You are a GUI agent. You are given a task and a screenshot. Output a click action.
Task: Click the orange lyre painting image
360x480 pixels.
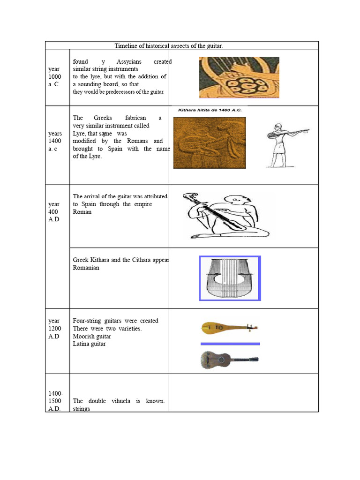(x=239, y=77)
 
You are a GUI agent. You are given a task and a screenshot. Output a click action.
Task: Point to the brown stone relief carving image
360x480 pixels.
(x=209, y=142)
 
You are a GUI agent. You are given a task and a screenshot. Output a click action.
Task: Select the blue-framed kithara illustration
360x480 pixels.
(x=230, y=278)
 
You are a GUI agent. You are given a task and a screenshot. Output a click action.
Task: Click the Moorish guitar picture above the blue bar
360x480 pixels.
(x=229, y=328)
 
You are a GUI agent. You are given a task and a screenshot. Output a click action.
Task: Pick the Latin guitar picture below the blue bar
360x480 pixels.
(x=229, y=360)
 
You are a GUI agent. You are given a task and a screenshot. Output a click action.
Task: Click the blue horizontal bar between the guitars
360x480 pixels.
(x=230, y=344)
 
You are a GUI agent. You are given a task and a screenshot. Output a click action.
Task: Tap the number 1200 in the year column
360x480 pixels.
(x=54, y=329)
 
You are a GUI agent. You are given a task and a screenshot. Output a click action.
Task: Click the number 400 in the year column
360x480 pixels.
(x=54, y=212)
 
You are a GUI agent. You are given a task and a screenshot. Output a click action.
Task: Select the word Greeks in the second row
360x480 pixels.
(x=103, y=118)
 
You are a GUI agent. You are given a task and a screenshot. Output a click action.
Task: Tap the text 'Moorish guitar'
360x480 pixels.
(x=92, y=336)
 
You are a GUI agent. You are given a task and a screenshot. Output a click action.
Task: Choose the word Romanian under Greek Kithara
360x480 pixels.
(x=86, y=268)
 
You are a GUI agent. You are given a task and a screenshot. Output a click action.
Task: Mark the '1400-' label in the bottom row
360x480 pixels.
(x=55, y=393)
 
